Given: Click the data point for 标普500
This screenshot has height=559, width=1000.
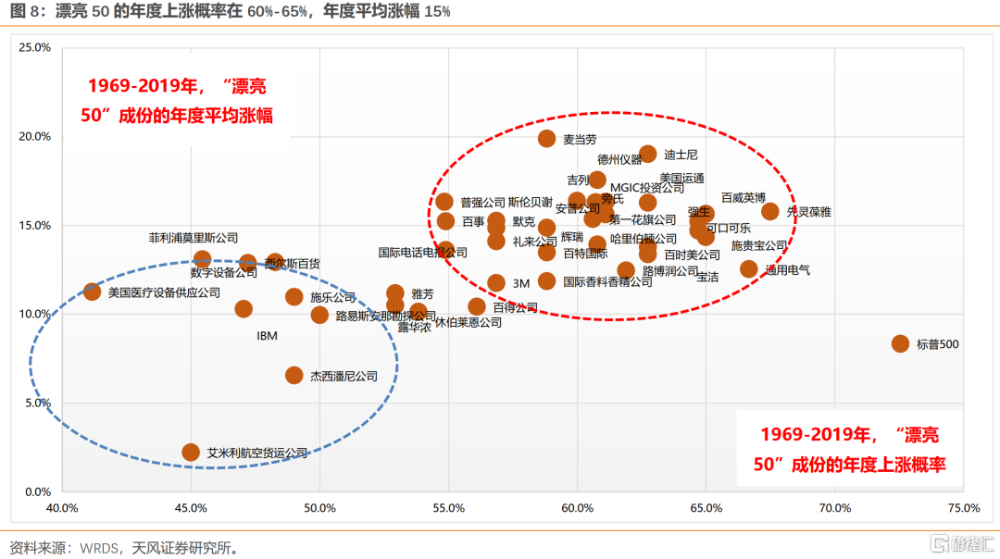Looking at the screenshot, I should coord(900,343).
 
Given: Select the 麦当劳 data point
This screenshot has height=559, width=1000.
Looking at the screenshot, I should coord(547,139).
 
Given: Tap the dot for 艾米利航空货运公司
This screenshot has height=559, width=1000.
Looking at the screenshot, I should coord(191,452).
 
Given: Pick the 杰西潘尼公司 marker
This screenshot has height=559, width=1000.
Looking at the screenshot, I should coord(294,375).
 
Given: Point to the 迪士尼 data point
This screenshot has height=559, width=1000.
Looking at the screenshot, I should coord(648,154).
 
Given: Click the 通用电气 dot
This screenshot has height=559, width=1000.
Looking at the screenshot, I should coord(748,269).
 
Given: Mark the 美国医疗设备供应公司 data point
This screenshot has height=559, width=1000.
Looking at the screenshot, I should coord(92,292).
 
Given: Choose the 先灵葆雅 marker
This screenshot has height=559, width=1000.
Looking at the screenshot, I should coord(769,211).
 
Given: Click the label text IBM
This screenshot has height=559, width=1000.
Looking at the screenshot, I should coord(267,336).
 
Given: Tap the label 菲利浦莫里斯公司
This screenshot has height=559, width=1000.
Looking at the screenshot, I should coord(194,238).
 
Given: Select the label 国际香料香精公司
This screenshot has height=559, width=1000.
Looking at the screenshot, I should coord(607,282).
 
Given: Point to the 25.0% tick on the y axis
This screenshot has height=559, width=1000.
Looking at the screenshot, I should coord(35,47).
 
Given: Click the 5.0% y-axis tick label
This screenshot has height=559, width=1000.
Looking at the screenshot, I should coord(37,403).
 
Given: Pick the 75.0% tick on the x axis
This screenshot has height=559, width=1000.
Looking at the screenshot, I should coord(963,508).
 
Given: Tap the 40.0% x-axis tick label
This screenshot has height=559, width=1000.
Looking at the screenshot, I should coord(62,508).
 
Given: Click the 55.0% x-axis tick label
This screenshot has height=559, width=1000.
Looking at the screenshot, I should coord(448,508).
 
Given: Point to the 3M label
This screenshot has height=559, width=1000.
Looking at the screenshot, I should coord(520,283).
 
